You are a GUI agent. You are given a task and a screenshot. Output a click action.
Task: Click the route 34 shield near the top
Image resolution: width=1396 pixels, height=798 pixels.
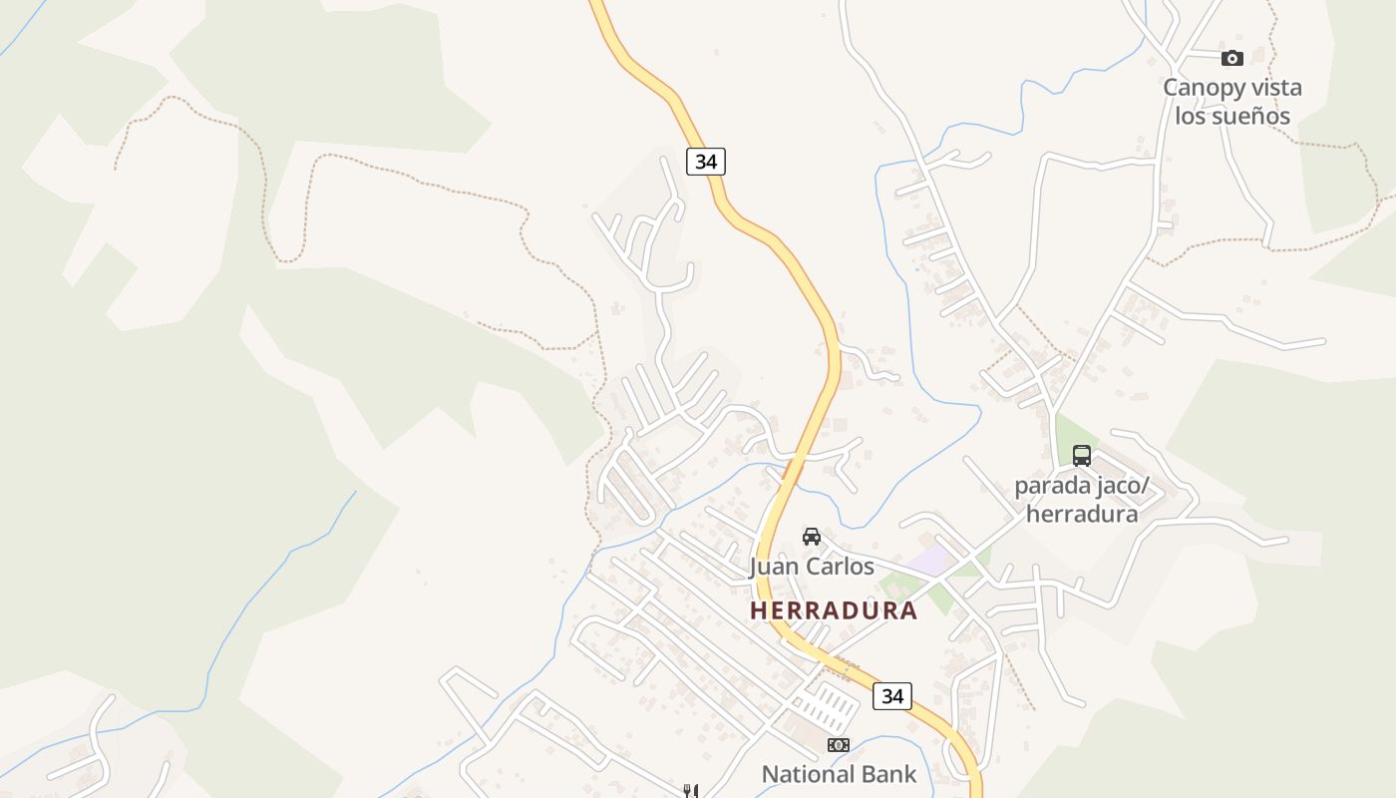tap(706, 162)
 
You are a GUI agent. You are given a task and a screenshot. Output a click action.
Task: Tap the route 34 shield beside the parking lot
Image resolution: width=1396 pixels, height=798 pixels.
tap(891, 696)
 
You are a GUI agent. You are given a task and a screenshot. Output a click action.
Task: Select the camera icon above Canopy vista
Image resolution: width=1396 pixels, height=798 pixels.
tap(1232, 58)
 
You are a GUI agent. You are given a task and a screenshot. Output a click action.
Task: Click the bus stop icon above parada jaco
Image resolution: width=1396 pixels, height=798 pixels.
tap(1082, 456)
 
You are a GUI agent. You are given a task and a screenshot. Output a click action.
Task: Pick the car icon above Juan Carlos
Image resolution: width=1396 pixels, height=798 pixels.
tap(812, 537)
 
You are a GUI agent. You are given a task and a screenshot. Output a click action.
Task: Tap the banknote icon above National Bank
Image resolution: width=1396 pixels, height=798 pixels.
tap(839, 745)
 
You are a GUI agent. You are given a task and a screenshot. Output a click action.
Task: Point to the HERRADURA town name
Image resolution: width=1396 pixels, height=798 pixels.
tap(834, 610)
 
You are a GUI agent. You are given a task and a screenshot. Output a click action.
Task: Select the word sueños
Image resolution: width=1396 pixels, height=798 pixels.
tap(1248, 117)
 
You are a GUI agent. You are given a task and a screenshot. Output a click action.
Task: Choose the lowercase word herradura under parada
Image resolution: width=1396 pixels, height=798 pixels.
tap(1082, 515)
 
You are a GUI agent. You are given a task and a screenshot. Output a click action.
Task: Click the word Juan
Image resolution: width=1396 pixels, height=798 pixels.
tap(773, 568)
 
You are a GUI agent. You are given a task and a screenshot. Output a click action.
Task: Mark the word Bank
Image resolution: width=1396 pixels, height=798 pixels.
tap(890, 774)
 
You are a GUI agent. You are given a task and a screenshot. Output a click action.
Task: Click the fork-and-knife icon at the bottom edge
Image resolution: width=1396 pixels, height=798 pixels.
tap(689, 791)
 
